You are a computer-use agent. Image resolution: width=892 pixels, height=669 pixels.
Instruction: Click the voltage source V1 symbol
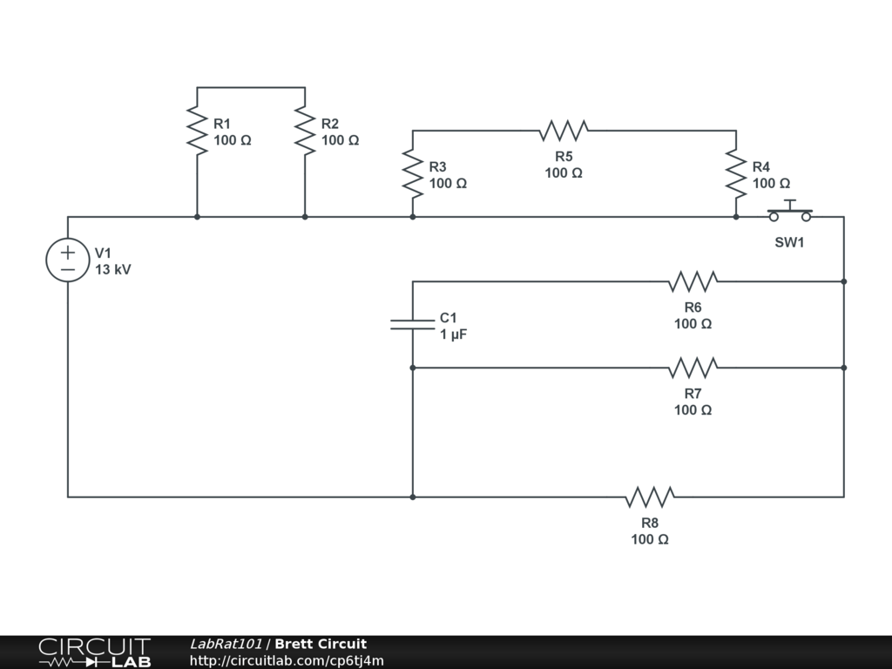click(x=68, y=260)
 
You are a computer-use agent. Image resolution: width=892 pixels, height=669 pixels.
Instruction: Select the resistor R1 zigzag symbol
click(x=198, y=131)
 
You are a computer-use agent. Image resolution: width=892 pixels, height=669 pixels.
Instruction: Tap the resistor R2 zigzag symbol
click(x=305, y=131)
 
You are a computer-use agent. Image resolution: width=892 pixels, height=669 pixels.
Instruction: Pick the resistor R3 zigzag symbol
click(x=413, y=172)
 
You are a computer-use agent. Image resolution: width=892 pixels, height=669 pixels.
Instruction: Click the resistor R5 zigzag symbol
click(x=564, y=131)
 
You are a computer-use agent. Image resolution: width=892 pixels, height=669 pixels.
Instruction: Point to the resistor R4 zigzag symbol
click(x=736, y=172)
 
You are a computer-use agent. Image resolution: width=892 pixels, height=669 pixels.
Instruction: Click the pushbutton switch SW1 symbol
click(x=789, y=213)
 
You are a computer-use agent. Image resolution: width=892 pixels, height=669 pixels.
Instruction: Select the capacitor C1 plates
click(x=413, y=324)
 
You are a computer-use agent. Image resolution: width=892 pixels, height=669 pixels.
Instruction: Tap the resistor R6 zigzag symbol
click(x=693, y=281)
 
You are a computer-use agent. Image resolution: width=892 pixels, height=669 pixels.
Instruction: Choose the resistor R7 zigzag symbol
click(x=693, y=368)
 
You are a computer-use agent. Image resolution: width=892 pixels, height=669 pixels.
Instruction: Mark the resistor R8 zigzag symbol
click(x=650, y=497)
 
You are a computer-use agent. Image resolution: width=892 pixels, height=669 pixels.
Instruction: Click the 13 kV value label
click(x=113, y=270)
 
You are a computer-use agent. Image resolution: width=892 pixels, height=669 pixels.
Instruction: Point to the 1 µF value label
click(x=453, y=334)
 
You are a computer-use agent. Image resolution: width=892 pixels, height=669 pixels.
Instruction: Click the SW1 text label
click(x=789, y=242)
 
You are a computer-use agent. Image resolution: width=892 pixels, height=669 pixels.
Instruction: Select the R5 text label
click(x=564, y=157)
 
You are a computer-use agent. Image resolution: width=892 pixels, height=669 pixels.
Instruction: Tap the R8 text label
click(x=650, y=523)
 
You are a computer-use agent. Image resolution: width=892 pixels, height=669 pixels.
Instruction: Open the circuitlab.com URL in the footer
click(x=287, y=660)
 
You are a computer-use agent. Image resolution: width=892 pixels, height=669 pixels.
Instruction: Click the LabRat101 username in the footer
click(x=226, y=644)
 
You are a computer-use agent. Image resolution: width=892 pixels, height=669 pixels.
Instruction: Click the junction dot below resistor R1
click(x=198, y=217)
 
